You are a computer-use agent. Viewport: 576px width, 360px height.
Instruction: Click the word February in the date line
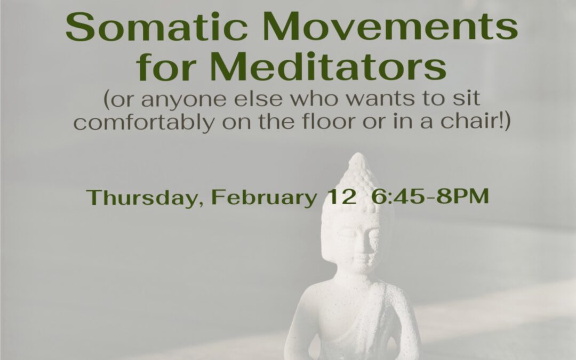(263, 197)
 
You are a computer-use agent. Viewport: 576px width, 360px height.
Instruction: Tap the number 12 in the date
(340, 197)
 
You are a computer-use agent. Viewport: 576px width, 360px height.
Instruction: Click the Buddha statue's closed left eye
(372, 233)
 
